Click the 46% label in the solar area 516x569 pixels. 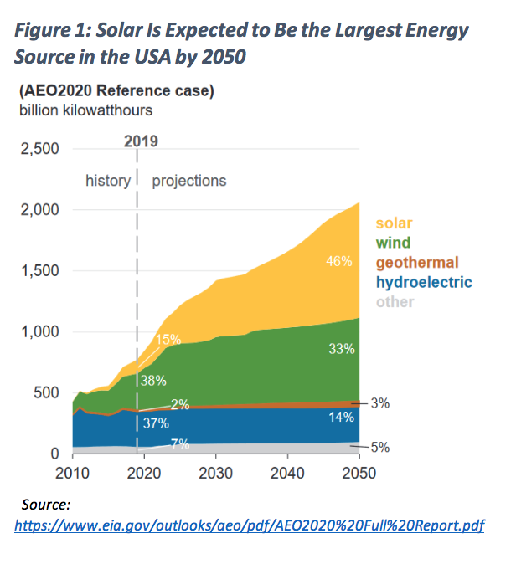point(338,262)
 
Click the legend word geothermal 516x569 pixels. point(417,263)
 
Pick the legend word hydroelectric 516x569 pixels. point(423,283)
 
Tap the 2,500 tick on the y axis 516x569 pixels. point(39,149)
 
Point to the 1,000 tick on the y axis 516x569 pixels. point(39,332)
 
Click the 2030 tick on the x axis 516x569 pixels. point(216,473)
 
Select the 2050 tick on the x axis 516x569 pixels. point(359,473)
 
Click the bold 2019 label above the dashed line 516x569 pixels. point(141,141)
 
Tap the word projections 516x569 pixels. point(189,181)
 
